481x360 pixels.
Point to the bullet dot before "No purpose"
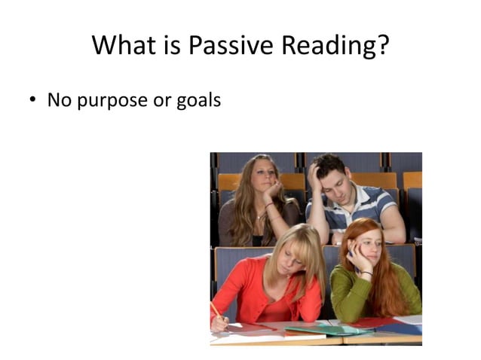click(x=33, y=100)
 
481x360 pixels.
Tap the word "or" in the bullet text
click(x=162, y=100)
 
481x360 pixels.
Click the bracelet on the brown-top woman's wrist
click(x=269, y=205)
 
